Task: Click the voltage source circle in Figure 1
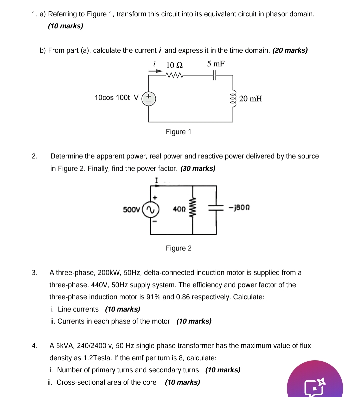click(x=149, y=99)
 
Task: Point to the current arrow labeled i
click(x=155, y=71)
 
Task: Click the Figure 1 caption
click(x=179, y=132)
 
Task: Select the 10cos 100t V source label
click(x=116, y=98)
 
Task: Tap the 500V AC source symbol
click(x=151, y=210)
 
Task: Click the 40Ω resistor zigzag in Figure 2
click(x=192, y=209)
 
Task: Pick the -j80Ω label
click(x=239, y=208)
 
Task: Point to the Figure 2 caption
click(x=179, y=248)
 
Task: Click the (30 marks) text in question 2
click(x=198, y=168)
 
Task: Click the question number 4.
click(x=34, y=346)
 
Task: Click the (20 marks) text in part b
click(x=290, y=50)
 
